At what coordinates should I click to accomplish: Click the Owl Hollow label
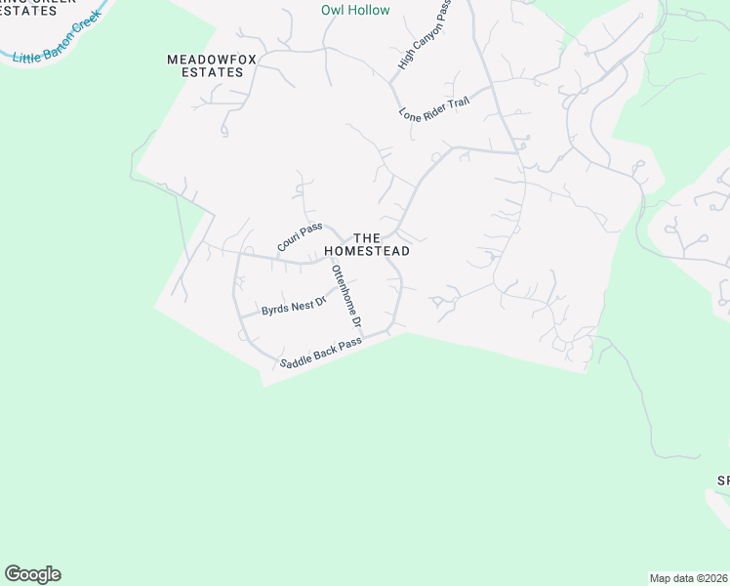pos(355,11)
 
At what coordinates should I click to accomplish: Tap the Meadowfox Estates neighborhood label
pos(211,65)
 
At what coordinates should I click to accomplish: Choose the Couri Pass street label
pos(300,236)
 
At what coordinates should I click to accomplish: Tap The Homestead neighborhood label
pos(367,244)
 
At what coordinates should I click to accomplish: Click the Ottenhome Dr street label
pos(346,295)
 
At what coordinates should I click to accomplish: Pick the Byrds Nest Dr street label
pos(292,308)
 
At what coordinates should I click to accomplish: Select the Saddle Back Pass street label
pos(320,353)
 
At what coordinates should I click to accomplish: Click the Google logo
pos(32,574)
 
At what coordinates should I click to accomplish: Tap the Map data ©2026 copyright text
pos(688,578)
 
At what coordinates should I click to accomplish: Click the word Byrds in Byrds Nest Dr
pos(275,311)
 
